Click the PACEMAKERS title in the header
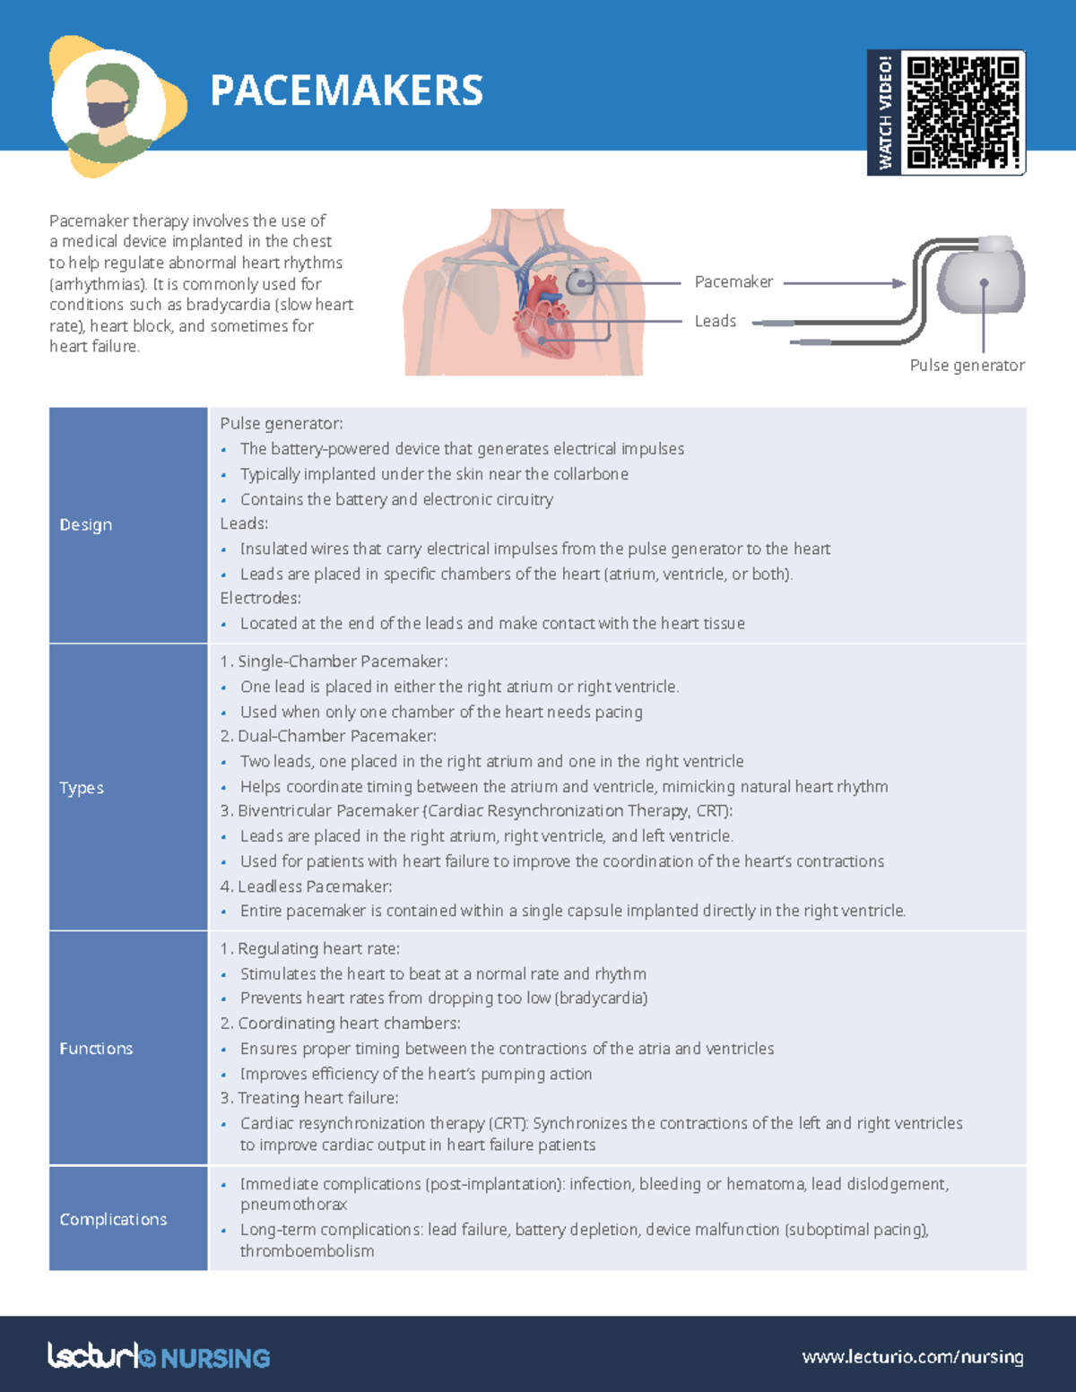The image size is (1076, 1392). coord(346,91)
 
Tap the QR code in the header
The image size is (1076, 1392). coord(962,112)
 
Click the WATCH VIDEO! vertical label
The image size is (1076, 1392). coord(885,112)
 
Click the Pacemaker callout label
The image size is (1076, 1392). coord(733,282)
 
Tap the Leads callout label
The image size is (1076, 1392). coord(715,321)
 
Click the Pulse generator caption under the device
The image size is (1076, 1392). coord(967,366)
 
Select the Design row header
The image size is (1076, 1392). coord(86,524)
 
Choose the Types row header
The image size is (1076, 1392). coord(82,788)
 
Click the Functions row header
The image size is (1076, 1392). coord(96,1049)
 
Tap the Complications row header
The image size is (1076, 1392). coord(113,1219)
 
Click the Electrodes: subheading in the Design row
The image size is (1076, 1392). coord(260,598)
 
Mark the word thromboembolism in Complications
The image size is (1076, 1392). coord(307,1251)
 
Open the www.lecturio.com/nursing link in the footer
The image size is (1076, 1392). coord(912,1357)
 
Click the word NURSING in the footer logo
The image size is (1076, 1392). coord(215,1358)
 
